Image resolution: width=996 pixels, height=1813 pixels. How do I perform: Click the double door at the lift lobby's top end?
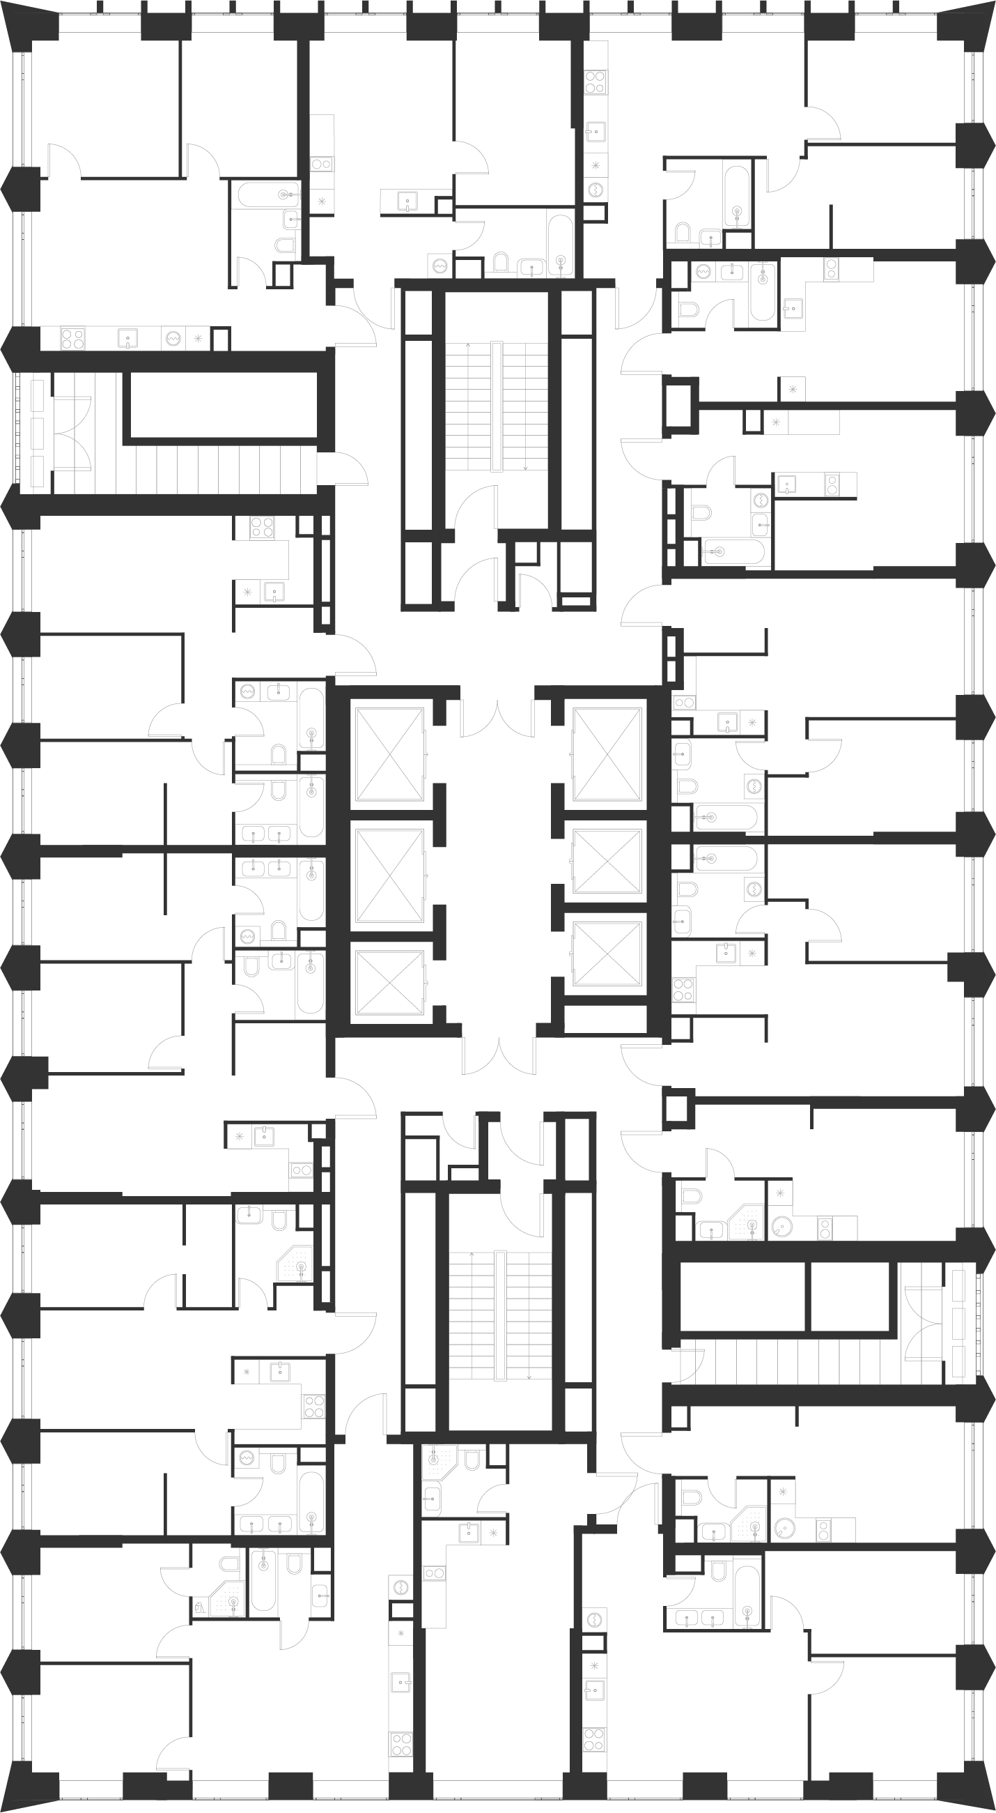coord(498,718)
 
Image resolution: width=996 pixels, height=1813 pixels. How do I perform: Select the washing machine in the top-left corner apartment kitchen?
coord(173,339)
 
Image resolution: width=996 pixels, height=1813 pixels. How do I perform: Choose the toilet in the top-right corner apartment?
coord(683,232)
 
